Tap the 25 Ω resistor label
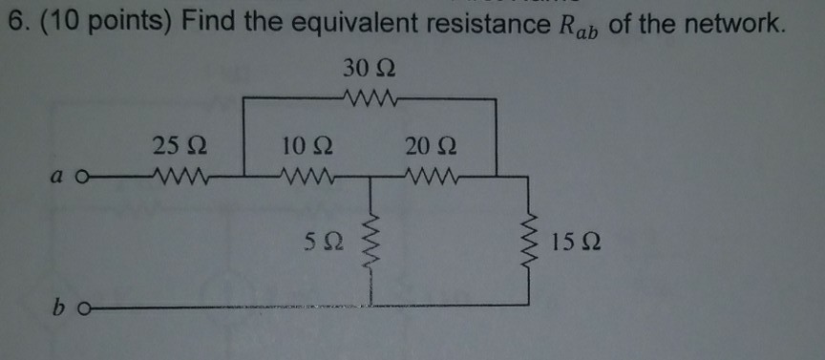click(x=177, y=147)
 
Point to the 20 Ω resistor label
click(x=430, y=147)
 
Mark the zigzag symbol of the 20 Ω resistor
click(x=432, y=176)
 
